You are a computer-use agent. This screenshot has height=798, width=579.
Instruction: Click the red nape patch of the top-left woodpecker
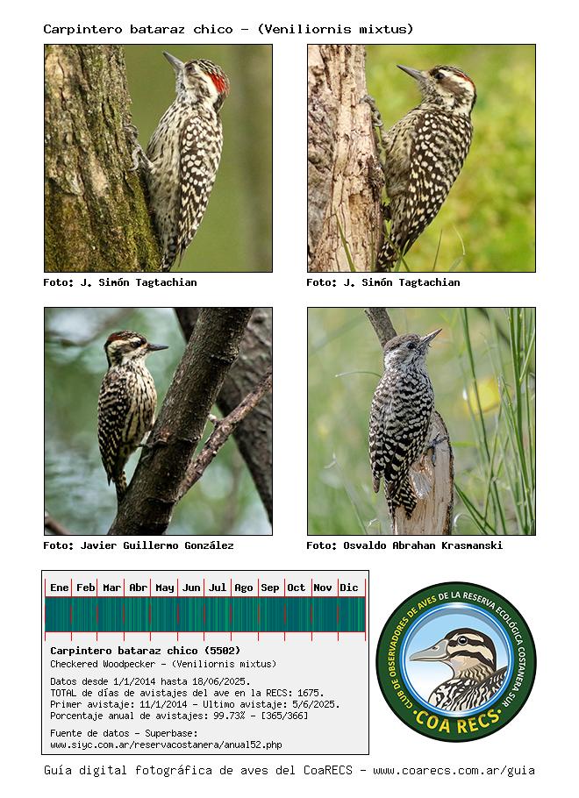point(218,83)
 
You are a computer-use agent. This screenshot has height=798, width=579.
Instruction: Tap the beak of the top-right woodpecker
point(410,73)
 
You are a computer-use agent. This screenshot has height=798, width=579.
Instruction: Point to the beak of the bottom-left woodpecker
point(156,347)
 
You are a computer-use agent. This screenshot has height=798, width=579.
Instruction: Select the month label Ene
point(60,588)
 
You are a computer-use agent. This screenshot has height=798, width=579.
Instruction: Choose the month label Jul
point(218,588)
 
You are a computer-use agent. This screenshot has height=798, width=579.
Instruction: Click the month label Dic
point(349,588)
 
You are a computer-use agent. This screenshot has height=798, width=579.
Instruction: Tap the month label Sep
point(270,588)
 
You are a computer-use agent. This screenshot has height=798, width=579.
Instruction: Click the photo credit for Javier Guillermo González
point(139,545)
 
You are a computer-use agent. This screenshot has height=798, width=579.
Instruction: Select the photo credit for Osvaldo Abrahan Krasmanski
point(404,545)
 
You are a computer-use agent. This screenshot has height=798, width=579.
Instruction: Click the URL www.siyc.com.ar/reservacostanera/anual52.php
point(166,745)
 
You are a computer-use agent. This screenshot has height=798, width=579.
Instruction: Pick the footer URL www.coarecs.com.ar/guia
point(454,771)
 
